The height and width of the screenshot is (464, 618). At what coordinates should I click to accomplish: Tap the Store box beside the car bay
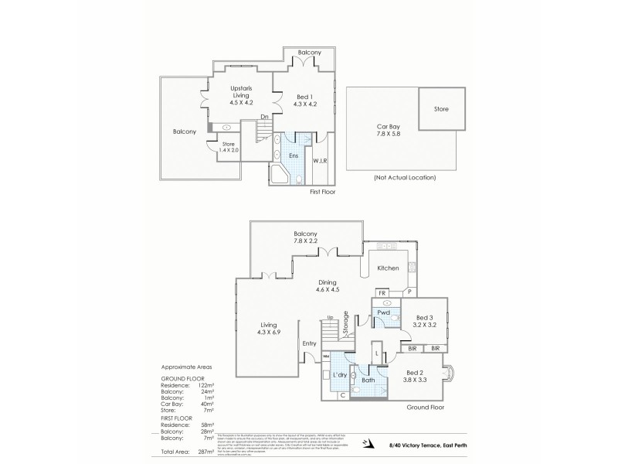443,109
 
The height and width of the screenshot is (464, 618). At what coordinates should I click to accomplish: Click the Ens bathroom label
294,155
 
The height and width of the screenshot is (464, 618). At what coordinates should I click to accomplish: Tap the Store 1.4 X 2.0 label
228,146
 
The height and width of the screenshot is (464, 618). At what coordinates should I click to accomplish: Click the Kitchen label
387,268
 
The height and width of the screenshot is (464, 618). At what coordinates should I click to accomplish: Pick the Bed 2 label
418,377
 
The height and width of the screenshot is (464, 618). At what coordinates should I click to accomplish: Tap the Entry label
309,343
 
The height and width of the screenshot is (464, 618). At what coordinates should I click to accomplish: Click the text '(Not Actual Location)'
404,177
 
